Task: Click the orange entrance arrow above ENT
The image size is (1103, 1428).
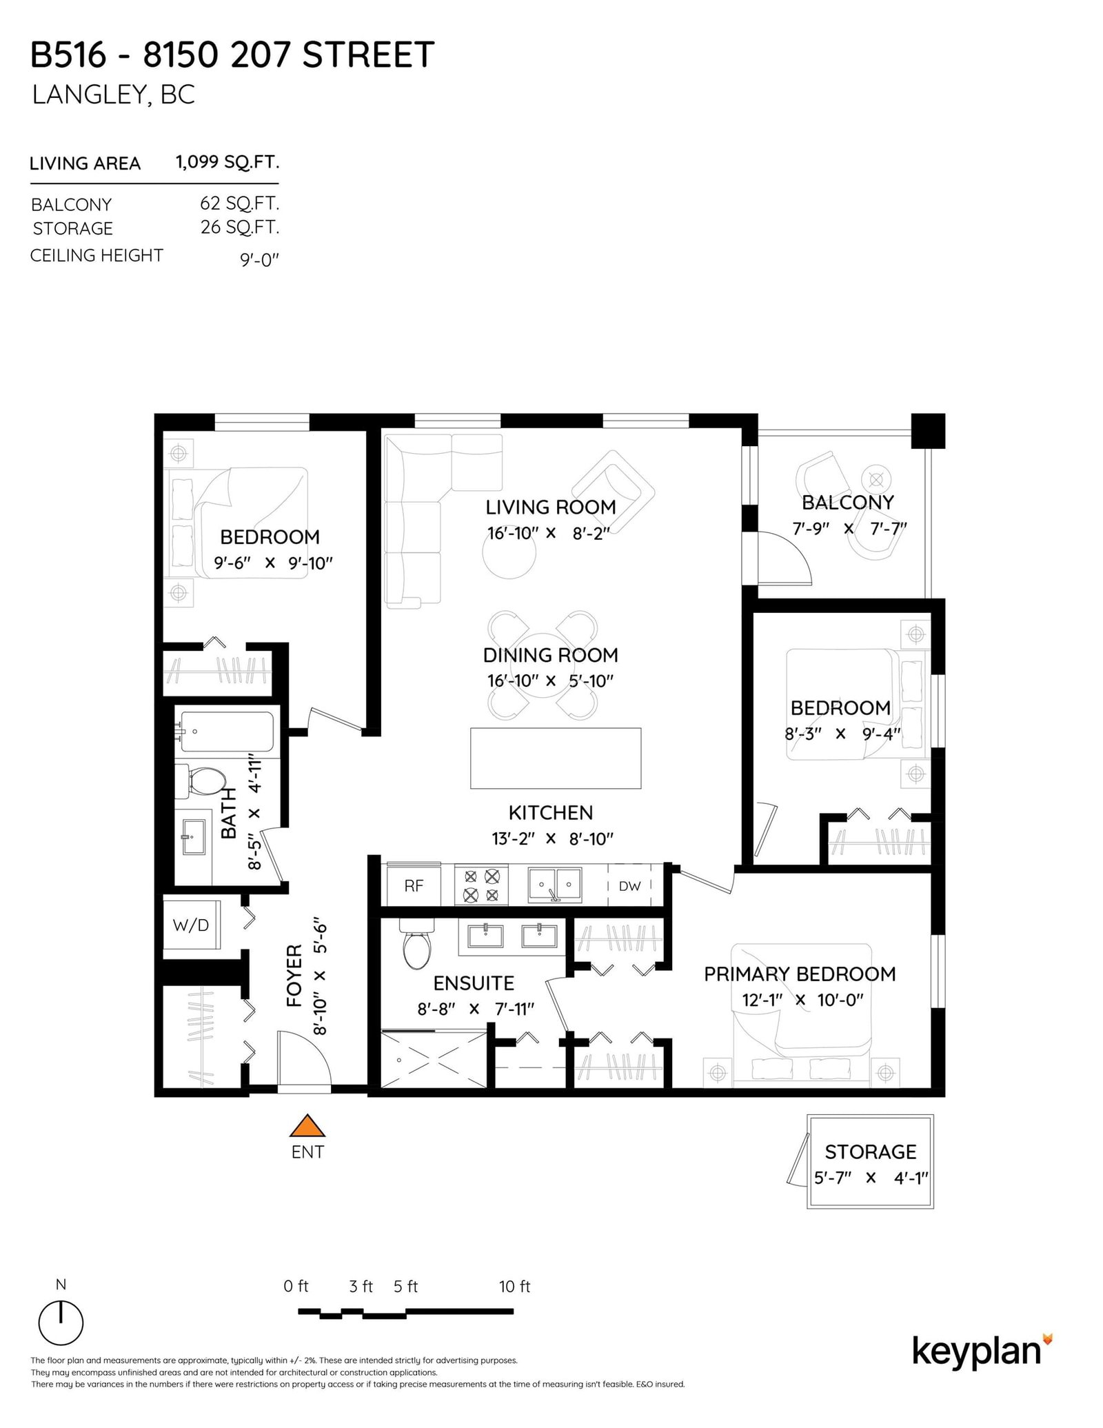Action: click(307, 1126)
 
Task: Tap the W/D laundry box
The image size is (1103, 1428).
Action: click(191, 925)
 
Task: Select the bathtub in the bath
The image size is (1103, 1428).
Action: click(226, 732)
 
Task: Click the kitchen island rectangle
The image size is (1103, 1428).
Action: click(556, 758)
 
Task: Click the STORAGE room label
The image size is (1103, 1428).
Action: click(871, 1152)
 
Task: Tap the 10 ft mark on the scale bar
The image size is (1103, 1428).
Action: click(514, 1287)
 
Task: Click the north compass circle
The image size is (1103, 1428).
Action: click(61, 1323)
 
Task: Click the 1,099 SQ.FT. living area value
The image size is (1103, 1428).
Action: click(227, 162)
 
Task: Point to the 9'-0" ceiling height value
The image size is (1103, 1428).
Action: click(259, 260)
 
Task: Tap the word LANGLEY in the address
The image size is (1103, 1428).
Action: click(88, 94)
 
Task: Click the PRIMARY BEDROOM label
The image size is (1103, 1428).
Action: click(800, 974)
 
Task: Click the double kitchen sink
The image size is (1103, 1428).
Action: click(554, 885)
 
